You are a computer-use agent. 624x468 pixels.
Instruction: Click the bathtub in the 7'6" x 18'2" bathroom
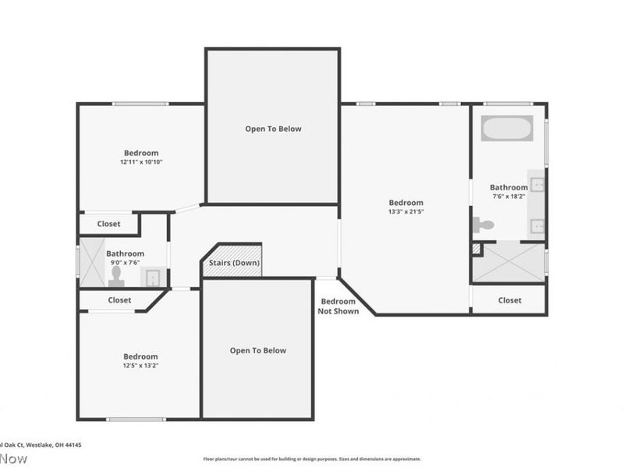507,128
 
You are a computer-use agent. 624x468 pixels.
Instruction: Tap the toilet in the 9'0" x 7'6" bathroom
117,275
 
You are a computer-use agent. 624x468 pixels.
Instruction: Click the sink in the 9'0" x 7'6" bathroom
152,277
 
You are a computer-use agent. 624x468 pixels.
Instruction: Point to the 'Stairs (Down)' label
234,263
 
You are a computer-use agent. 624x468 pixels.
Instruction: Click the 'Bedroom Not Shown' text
339,307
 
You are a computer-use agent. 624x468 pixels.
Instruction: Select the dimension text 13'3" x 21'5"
406,211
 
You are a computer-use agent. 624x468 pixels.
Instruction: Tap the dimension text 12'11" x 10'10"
141,162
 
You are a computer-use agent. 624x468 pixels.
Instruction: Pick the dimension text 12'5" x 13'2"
140,365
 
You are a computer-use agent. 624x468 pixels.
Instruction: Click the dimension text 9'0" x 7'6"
125,263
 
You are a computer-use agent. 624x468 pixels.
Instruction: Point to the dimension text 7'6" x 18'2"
509,197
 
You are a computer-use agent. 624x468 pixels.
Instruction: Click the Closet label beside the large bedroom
509,300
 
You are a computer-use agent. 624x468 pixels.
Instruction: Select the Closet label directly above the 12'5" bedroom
119,300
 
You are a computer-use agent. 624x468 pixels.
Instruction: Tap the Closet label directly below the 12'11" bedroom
108,224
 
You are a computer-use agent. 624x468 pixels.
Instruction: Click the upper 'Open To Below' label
273,129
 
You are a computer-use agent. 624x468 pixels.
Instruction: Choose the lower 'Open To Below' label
257,351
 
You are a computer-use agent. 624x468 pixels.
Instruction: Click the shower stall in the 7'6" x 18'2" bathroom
508,263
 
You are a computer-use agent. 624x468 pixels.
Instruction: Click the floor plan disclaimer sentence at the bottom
312,459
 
